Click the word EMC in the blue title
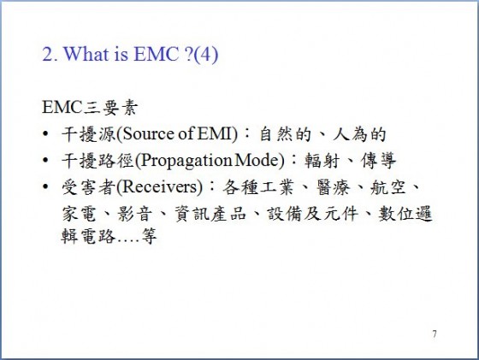156,54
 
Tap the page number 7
435,334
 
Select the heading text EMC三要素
90,108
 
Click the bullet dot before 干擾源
45,133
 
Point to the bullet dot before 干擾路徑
45,160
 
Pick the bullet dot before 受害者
45,186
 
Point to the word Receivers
160,186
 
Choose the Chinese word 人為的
359,134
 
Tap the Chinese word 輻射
322,160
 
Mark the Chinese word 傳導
378,160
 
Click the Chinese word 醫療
333,187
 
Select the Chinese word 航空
388,187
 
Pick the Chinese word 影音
135,213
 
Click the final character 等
149,236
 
